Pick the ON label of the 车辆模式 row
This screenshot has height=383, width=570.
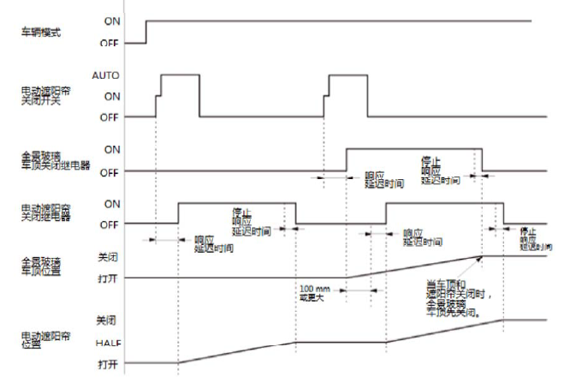click(x=111, y=20)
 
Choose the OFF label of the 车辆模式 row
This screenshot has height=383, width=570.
click(x=111, y=42)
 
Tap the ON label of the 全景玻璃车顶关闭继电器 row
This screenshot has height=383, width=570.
click(x=111, y=149)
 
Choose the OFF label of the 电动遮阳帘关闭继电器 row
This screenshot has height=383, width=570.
click(x=111, y=224)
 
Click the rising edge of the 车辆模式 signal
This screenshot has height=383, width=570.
click(x=146, y=31)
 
